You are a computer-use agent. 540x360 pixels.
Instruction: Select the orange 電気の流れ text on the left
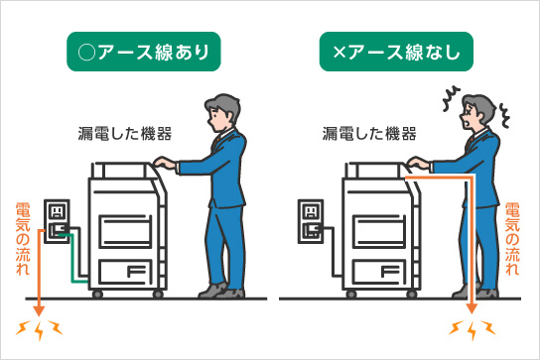tap(24, 238)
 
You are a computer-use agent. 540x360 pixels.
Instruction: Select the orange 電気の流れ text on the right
tap(512, 238)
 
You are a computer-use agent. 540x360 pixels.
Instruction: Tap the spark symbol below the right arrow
tap(471, 329)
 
